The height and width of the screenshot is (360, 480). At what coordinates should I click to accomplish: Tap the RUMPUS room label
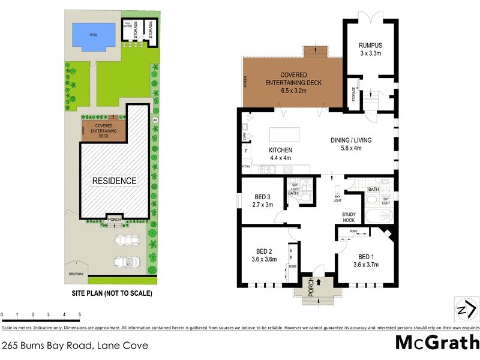pyautogui.click(x=370, y=45)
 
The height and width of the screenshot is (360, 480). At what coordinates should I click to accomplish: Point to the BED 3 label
pyautogui.click(x=263, y=197)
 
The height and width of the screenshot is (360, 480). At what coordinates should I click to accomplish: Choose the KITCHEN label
pyautogui.click(x=280, y=150)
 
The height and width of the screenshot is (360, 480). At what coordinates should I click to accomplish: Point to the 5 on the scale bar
pyautogui.click(x=80, y=314)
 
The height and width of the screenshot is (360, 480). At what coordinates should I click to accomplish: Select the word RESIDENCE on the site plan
pyautogui.click(x=114, y=181)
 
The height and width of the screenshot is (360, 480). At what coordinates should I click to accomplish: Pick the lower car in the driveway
pyautogui.click(x=127, y=262)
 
